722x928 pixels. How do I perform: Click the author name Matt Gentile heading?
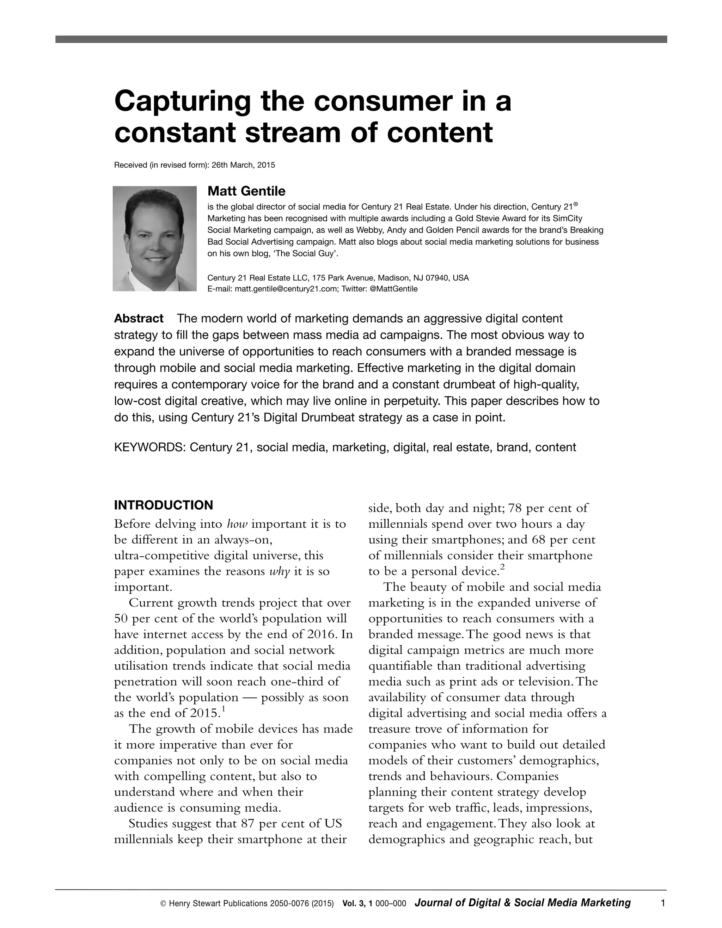[x=246, y=191]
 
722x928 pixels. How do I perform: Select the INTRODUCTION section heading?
[x=163, y=505]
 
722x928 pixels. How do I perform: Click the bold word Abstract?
[x=139, y=318]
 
